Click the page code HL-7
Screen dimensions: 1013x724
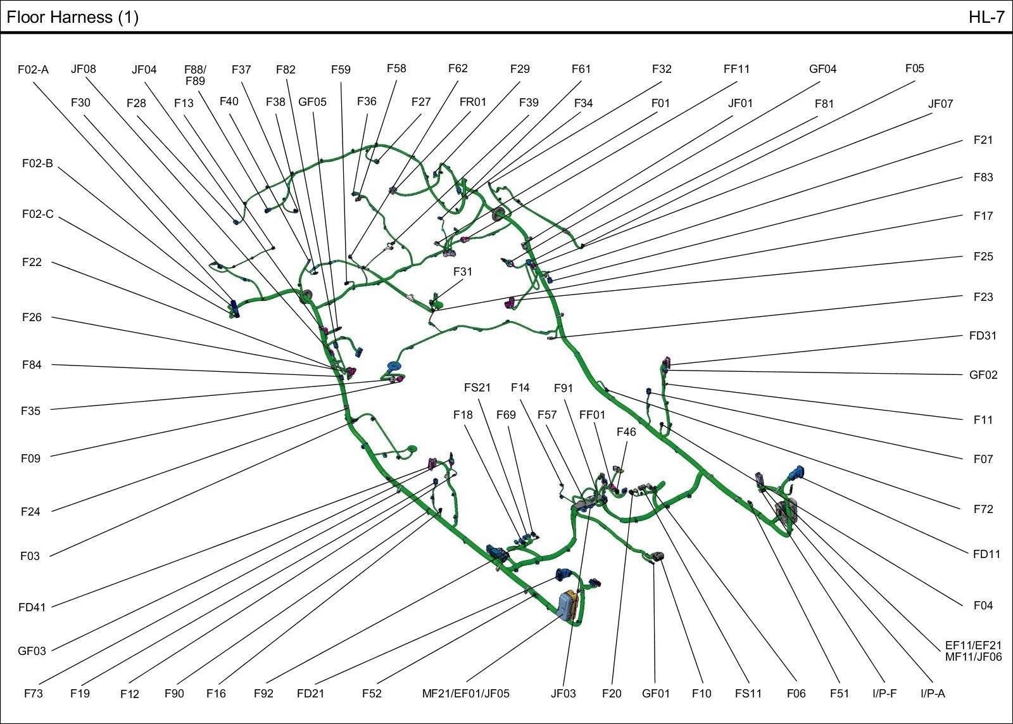986,17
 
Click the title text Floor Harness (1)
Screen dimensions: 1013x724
72,17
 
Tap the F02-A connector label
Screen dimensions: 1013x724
33,70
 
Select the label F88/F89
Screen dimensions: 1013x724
195,75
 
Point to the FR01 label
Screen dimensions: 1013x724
472,103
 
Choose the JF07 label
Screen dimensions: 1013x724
940,104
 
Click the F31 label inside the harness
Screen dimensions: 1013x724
463,272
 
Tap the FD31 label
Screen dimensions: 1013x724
983,336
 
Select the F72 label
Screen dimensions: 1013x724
983,509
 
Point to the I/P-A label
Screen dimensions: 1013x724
933,694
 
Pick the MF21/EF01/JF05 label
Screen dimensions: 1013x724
465,694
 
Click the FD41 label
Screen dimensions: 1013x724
32,607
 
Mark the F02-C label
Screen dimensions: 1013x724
38,215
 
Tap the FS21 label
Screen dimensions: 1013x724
477,388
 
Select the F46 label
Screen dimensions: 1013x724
626,432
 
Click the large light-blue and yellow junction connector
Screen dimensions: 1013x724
569,606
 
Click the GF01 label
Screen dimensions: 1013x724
655,694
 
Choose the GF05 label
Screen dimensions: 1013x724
312,102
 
